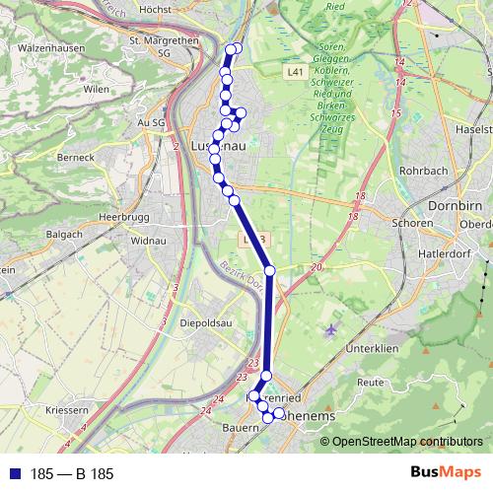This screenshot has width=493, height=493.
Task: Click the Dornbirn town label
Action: [x=456, y=206]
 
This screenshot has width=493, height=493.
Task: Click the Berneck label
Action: [x=75, y=156]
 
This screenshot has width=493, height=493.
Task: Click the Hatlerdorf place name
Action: [x=456, y=250]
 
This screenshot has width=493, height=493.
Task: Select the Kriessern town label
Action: [x=65, y=409]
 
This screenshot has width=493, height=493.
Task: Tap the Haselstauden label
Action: [x=474, y=130]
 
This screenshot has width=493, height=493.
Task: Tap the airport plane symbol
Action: [x=330, y=328]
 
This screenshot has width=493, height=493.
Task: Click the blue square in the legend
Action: [x=12, y=473]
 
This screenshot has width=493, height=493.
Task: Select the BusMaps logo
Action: [x=445, y=473]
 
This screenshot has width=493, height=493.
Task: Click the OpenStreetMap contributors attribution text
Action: [x=401, y=441]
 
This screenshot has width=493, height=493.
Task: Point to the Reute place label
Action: [x=371, y=381]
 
